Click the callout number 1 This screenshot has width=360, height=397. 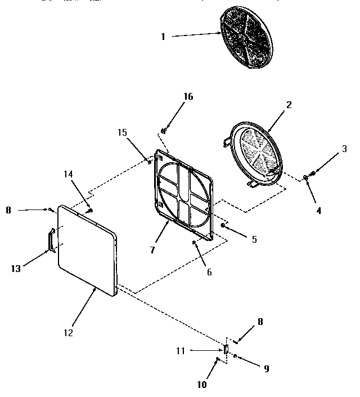coord(163,37)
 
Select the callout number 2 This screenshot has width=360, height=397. coord(289,105)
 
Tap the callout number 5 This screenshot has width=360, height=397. coord(254,239)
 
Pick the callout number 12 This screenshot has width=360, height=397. coord(67,332)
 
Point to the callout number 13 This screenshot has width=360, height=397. coord(15,269)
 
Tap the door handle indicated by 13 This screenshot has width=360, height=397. coord(49,239)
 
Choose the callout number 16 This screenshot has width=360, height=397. coord(188,96)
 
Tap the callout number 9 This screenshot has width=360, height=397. coord(266,369)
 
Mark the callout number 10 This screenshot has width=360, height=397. coord(202,385)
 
